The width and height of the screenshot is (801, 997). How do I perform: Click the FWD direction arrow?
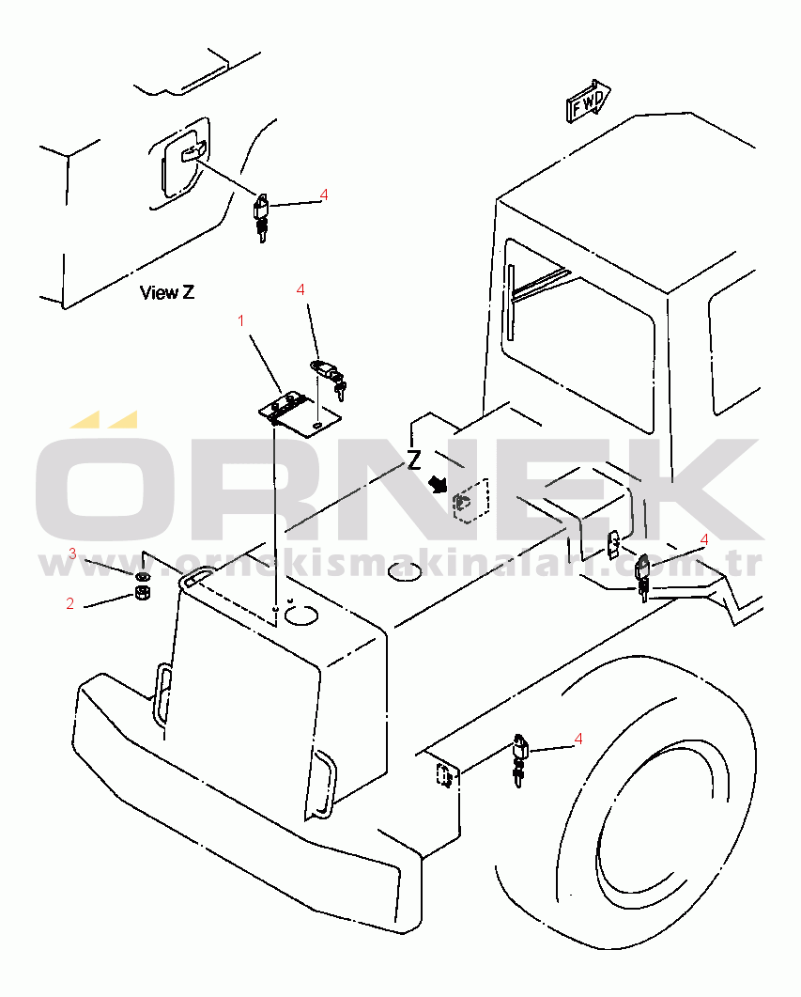588,101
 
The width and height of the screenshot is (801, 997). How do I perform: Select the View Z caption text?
167,292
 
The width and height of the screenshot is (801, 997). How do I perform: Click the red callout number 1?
240,321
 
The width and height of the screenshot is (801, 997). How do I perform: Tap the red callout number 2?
69,603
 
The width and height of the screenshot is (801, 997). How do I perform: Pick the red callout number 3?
72,553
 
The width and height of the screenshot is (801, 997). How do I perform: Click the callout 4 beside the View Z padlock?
324,195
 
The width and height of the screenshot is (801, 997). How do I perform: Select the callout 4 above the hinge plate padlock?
300,290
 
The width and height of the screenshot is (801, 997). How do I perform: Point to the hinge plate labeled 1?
300,415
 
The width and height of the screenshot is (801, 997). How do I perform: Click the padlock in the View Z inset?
262,217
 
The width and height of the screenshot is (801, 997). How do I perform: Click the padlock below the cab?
643,577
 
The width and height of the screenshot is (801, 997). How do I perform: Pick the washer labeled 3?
143,577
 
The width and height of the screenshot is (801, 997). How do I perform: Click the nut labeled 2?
143,594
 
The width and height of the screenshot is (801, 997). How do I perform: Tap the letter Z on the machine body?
414,460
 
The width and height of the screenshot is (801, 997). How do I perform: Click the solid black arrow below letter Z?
439,485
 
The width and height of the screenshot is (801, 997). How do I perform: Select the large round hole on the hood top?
300,615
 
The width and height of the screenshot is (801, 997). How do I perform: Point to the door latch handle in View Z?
193,153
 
